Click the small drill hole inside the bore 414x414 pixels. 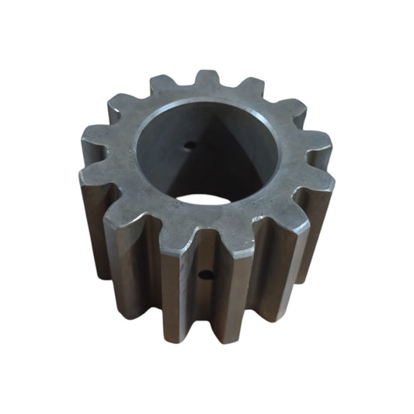coord(191,144)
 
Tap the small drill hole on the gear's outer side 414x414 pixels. coord(204,273)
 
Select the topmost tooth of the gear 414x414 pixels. coord(207,80)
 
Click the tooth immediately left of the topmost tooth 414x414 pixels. coord(164,85)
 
